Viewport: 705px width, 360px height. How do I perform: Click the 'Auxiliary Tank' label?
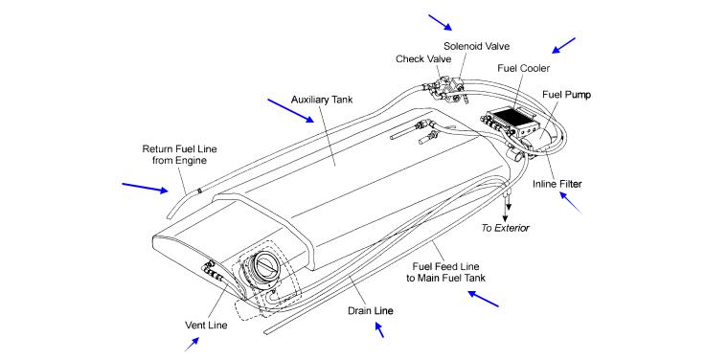[322, 100]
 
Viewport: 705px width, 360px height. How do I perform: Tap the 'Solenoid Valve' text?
[477, 46]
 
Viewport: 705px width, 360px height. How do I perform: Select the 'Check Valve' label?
[423, 58]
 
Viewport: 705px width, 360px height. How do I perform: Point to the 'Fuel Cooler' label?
[523, 68]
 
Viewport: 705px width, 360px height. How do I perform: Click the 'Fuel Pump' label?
[566, 95]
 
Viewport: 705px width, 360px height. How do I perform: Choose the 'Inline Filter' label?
[557, 184]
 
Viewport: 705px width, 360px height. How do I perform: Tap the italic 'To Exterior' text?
[506, 228]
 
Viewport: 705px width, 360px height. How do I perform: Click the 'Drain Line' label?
[371, 310]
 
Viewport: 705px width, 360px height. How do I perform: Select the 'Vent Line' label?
[206, 325]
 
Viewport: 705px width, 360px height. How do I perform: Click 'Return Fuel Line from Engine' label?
[179, 154]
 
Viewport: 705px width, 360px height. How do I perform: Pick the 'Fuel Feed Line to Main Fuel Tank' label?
[446, 272]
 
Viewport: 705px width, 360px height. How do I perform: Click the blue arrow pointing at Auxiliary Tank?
[291, 110]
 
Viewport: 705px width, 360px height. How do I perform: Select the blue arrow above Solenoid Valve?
[441, 22]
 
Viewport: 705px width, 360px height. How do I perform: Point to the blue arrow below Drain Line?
[379, 329]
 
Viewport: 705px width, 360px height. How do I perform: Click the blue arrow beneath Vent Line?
[192, 345]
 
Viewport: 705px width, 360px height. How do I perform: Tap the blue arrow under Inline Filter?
[570, 202]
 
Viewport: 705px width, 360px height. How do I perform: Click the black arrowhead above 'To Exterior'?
[509, 207]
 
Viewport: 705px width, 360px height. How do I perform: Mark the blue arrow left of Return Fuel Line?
[146, 188]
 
